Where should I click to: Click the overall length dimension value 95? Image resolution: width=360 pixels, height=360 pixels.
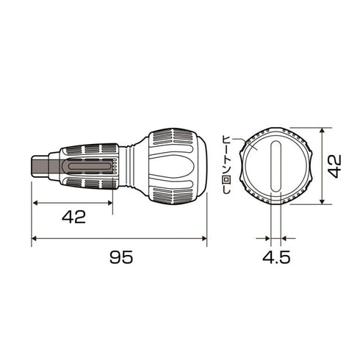(121, 257)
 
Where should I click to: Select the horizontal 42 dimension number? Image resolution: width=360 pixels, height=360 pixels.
(73, 217)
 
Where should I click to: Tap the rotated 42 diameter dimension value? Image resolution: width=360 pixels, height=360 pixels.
(334, 166)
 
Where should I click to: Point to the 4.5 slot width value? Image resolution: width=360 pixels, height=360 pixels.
(276, 257)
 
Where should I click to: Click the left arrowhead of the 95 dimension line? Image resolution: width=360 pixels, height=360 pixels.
(35, 238)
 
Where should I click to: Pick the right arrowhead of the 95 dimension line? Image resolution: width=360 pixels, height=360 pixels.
(204, 238)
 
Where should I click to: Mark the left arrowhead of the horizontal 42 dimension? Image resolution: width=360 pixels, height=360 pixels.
(35, 203)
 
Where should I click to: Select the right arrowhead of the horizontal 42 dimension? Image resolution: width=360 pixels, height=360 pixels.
(110, 203)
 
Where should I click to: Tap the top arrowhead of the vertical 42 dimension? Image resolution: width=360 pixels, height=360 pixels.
(323, 130)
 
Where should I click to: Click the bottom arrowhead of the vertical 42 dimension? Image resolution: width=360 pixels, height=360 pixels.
(323, 201)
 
